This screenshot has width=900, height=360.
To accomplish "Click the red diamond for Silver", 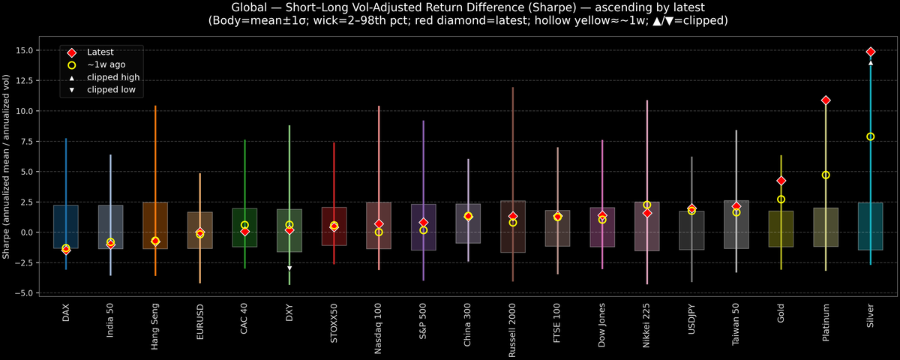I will click(x=871, y=52).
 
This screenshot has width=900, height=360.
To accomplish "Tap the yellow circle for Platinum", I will click(x=826, y=175).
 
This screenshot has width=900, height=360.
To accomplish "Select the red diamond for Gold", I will click(x=781, y=181).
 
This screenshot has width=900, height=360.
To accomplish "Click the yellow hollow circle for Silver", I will click(x=871, y=136).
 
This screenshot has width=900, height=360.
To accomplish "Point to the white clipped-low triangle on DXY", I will click(x=289, y=268).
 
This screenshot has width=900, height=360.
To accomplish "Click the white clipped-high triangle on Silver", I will click(x=871, y=63).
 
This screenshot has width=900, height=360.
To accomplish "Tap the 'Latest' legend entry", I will click(x=100, y=52).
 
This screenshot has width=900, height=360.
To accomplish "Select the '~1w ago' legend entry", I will click(x=106, y=65).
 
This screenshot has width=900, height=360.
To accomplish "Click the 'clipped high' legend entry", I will click(x=112, y=77).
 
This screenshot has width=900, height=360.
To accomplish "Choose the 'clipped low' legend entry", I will click(x=111, y=90).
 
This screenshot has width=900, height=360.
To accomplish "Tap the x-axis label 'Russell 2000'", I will click(x=513, y=323).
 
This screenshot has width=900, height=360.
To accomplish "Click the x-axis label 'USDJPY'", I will click(x=691, y=317).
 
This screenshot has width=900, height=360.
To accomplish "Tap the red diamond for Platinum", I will click(x=826, y=100).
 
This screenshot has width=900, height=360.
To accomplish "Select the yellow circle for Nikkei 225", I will click(x=647, y=205).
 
